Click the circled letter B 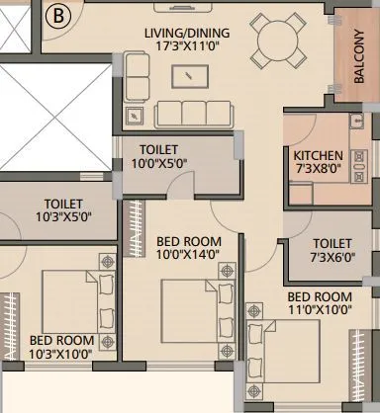tap(58, 16)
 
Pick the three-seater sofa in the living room tap(195, 111)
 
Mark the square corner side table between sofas tap(136, 114)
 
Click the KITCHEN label tap(318, 156)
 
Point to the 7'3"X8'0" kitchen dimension tap(318, 170)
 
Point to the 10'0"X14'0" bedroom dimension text tap(188, 254)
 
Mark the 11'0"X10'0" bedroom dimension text tap(320, 309)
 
